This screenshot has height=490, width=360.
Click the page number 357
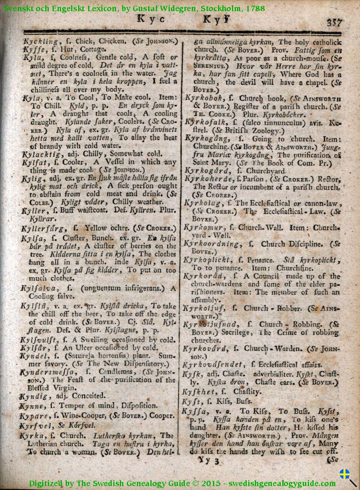pyautogui.click(x=334, y=22)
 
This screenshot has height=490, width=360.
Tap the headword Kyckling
pyautogui.click(x=41, y=41)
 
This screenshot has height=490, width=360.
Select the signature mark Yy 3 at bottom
pyautogui.click(x=208, y=461)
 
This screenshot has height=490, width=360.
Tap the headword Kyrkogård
pyautogui.click(x=207, y=170)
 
